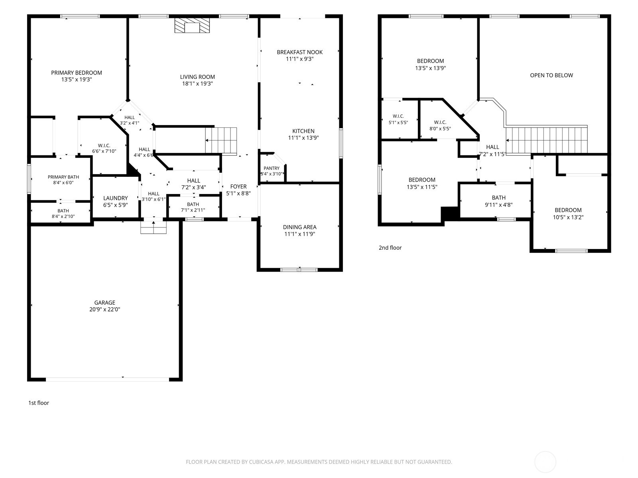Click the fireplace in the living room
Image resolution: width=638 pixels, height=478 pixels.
192,25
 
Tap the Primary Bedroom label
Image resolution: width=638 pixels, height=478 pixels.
77,73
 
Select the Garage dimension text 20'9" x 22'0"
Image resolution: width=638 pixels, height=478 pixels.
104,310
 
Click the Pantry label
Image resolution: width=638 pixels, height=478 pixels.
272,168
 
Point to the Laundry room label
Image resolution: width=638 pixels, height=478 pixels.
115,198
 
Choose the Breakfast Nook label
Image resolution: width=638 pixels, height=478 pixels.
300,52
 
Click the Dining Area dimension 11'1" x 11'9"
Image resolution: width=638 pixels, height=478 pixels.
300,234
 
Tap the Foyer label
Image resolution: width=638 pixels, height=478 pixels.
238,186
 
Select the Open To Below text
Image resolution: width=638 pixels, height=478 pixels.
551,75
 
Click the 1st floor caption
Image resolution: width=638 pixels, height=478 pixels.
39,403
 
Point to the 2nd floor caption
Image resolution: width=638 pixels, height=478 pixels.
390,248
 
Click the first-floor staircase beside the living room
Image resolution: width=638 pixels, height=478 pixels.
221,141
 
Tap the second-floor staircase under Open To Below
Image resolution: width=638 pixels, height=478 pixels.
547,141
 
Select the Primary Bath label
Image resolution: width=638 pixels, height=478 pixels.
63,177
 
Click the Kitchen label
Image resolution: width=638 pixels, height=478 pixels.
303,131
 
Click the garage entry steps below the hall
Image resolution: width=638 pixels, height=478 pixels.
154,227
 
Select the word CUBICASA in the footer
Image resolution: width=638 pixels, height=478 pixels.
261,462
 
